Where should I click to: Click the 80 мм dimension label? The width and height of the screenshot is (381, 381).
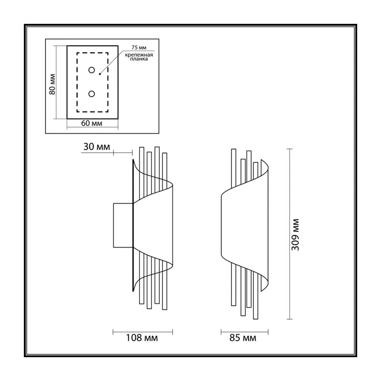pos(52,84)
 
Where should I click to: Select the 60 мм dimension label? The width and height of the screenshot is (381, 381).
pos(91,123)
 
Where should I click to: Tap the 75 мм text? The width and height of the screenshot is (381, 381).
pos(139,48)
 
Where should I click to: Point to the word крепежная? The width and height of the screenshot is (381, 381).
pos(139,55)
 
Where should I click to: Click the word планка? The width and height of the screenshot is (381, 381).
pos(139,59)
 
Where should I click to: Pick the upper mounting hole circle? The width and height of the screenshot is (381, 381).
pos(91,70)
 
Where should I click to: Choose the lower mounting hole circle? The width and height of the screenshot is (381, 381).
pos(91,94)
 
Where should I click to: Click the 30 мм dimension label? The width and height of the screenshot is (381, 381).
pos(97,147)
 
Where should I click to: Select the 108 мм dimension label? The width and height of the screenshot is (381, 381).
pos(141,338)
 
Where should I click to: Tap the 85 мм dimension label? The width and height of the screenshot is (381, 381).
pos(243,338)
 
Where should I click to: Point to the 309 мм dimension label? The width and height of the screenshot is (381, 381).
pos(295,234)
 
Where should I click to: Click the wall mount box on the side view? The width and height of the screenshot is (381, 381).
pos(123,225)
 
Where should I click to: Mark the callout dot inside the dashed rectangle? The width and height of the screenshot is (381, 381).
pos(100,74)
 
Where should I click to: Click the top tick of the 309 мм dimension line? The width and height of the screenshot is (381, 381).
pos(290,149)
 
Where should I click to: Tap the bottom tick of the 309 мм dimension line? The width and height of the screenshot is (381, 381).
pos(290,319)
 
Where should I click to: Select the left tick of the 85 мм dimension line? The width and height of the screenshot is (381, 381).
pos(221,332)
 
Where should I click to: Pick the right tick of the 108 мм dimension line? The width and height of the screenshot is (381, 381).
pos(172,332)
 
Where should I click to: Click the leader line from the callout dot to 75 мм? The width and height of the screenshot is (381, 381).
pos(112,62)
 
